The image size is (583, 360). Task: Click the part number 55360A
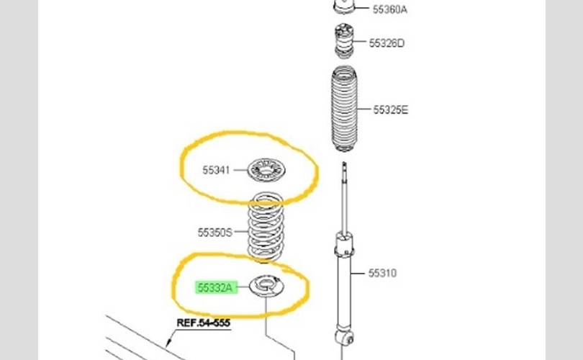(x=389, y=9)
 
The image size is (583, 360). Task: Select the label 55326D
(x=387, y=43)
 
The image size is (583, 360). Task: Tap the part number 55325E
(x=390, y=110)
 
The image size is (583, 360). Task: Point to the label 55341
(x=216, y=171)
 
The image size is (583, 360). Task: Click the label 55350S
(x=215, y=233)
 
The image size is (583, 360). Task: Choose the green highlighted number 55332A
(x=216, y=288)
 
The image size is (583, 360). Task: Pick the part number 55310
(x=383, y=274)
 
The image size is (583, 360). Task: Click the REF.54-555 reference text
(x=204, y=323)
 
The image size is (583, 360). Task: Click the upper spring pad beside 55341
(x=267, y=171)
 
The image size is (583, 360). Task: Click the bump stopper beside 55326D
(x=344, y=42)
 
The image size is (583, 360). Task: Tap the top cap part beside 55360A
(x=345, y=7)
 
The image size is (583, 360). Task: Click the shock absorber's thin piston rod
(x=345, y=198)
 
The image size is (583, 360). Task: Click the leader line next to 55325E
(x=363, y=110)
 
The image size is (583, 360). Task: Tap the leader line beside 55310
(x=360, y=274)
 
